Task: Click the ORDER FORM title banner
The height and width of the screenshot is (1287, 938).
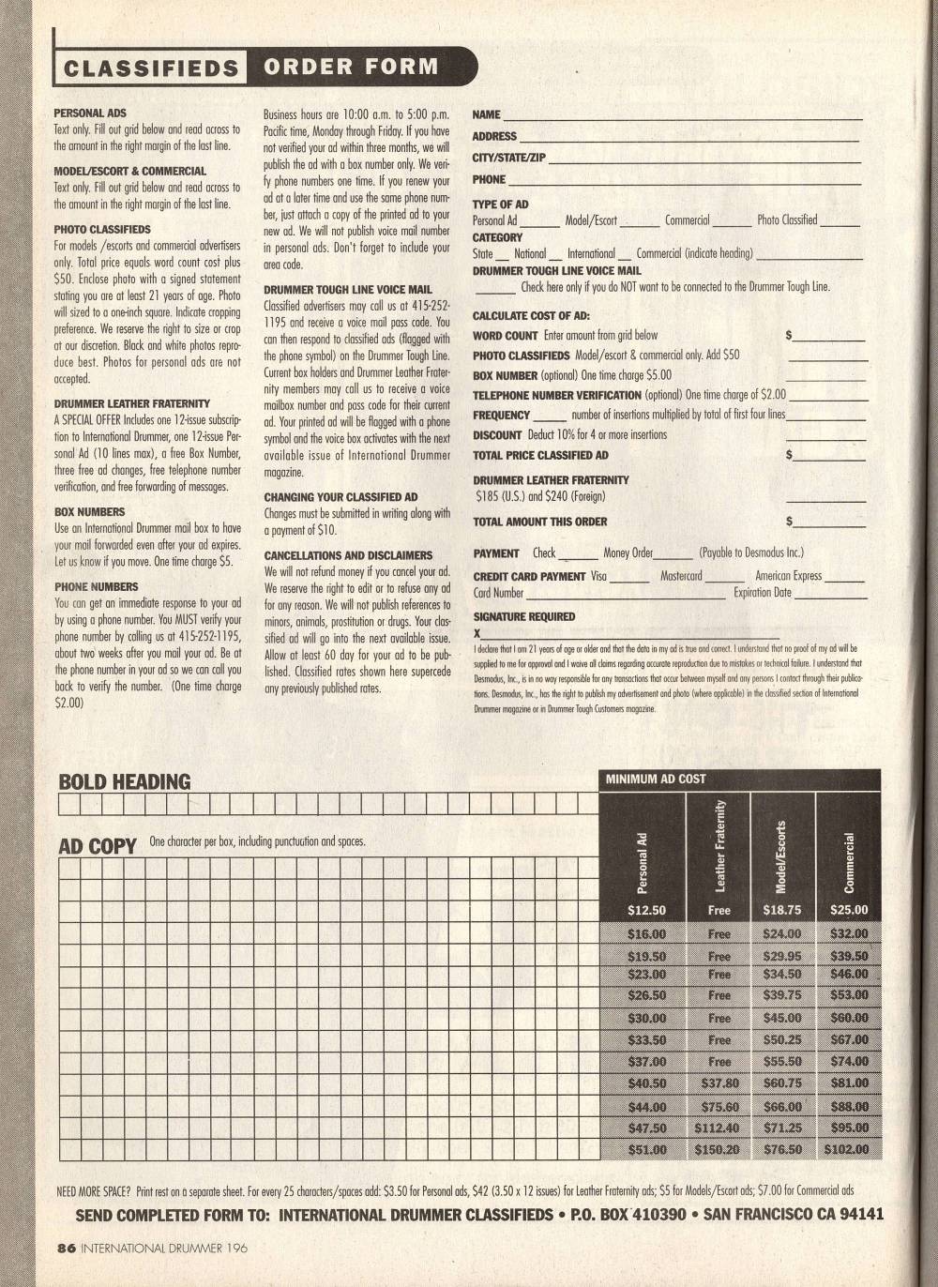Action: point(351,67)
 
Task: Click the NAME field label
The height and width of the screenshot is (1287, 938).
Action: point(486,114)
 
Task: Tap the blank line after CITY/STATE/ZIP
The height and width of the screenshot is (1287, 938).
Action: point(703,159)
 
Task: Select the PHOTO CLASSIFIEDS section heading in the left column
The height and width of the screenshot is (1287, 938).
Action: point(102,229)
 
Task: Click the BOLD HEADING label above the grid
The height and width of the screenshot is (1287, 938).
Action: point(124,781)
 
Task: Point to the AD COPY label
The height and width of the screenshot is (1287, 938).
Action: point(98,846)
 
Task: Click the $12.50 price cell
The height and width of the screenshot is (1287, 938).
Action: point(646,910)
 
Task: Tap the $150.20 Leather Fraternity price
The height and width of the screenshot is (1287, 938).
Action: point(718,1149)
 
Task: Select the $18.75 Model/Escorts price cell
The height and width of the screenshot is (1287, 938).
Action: point(782,910)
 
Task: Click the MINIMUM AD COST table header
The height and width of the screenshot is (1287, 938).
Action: point(656,779)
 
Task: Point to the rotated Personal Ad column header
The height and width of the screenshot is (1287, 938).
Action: point(643,862)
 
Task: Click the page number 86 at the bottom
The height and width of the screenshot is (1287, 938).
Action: point(65,1248)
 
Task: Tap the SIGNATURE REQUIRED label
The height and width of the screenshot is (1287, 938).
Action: point(523,616)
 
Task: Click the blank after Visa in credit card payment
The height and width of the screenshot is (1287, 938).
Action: point(629,579)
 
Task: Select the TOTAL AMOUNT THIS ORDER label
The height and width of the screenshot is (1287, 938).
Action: point(539,522)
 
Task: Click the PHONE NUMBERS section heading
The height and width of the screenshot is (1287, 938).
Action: point(96,586)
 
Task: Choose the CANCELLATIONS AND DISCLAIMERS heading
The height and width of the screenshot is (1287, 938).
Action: point(348,555)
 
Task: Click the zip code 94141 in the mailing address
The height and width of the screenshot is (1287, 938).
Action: point(862,1215)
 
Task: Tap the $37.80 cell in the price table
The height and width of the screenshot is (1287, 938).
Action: point(718,1083)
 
